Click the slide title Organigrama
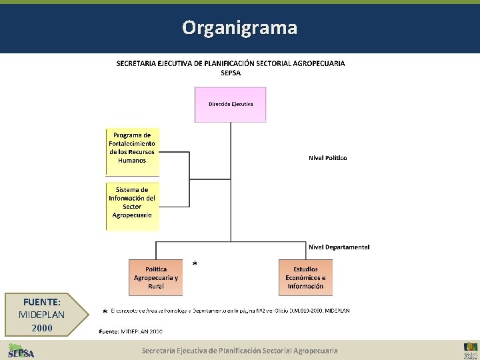pyautogui.click(x=240, y=28)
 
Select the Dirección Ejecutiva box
pyautogui.click(x=230, y=105)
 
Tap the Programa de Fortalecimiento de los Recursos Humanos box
pyautogui.click(x=132, y=148)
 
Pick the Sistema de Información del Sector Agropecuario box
pyautogui.click(x=132, y=203)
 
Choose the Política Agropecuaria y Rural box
pyautogui.click(x=156, y=277)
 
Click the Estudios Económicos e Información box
pyautogui.click(x=305, y=277)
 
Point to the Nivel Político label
pyautogui.click(x=327, y=158)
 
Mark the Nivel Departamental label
pyautogui.click(x=339, y=247)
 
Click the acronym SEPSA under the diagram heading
pyautogui.click(x=231, y=73)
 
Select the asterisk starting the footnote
pyautogui.click(x=105, y=312)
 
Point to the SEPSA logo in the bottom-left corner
pyautogui.click(x=21, y=350)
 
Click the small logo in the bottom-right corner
pyautogui.click(x=470, y=350)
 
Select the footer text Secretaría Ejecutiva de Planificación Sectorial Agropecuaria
pyautogui.click(x=239, y=350)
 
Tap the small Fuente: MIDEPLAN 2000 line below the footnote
pyautogui.click(x=131, y=331)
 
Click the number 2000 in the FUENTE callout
pyautogui.click(x=42, y=327)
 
